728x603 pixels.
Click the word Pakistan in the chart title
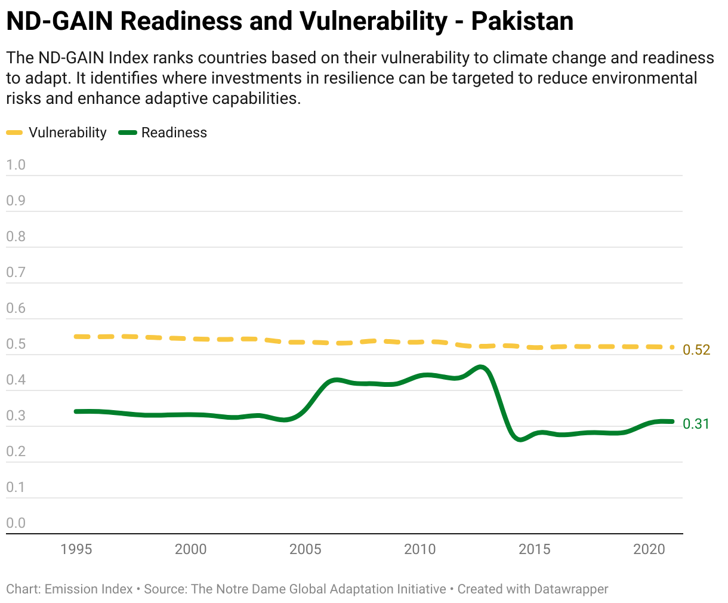522,21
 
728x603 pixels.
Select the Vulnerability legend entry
67,133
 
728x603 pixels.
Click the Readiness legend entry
174,133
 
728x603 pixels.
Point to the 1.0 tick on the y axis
16,165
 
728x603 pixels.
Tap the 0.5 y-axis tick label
16,344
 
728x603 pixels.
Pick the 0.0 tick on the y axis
16,523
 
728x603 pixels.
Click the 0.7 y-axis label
16,272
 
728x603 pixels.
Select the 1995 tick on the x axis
76,549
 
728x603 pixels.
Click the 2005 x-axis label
306,549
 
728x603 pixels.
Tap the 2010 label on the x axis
420,549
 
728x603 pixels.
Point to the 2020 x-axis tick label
649,549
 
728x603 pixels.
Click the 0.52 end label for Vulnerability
696,350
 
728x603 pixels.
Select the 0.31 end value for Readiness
696,424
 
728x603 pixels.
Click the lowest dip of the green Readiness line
520,439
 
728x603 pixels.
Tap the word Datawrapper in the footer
571,589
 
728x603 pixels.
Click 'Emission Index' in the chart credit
89,589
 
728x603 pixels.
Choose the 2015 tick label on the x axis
535,549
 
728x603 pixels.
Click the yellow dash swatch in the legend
15,133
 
